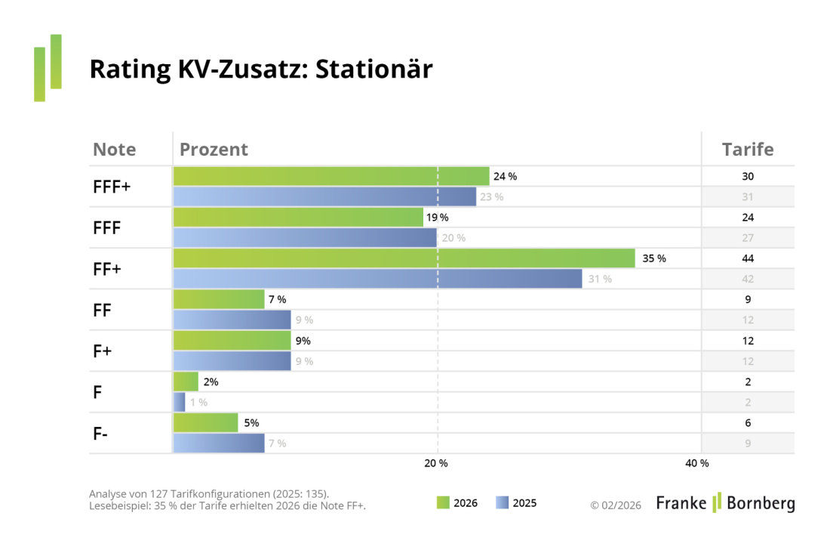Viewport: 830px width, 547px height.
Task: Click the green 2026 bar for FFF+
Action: [x=330, y=176]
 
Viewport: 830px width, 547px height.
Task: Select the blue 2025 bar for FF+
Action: [x=377, y=279]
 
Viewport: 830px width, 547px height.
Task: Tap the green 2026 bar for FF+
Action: [x=404, y=258]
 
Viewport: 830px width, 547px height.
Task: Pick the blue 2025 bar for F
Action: [x=180, y=402]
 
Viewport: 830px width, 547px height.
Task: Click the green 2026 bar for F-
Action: [x=205, y=423]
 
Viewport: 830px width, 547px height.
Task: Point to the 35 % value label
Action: [x=654, y=258]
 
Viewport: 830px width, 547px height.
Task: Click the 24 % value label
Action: [x=505, y=176]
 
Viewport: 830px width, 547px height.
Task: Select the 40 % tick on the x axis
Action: [x=696, y=462]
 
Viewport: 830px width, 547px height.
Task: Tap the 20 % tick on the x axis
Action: [x=436, y=462]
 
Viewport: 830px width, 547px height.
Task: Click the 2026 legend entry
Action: [x=457, y=502]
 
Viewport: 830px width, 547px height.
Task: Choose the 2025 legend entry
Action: [x=516, y=502]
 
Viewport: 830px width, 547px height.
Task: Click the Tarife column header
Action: [x=748, y=149]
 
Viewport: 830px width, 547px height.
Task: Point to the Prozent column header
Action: [x=214, y=149]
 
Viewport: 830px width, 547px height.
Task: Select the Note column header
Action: [x=115, y=149]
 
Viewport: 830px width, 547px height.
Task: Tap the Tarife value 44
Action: [x=748, y=258]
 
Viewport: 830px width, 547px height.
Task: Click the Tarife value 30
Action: [x=748, y=176]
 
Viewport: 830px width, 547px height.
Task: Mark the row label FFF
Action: [x=107, y=227]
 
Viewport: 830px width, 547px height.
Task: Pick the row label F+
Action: [x=103, y=351]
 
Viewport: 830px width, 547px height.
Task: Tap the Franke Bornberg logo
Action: [x=725, y=502]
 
